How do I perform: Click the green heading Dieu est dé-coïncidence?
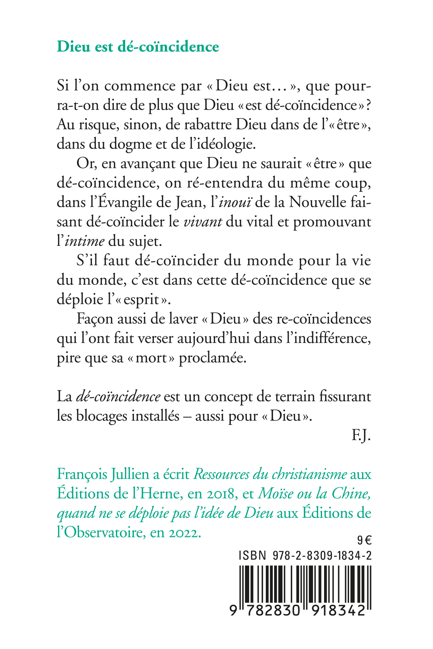[x=138, y=47]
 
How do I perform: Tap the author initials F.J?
[x=361, y=436]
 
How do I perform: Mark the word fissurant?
[x=345, y=397]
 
